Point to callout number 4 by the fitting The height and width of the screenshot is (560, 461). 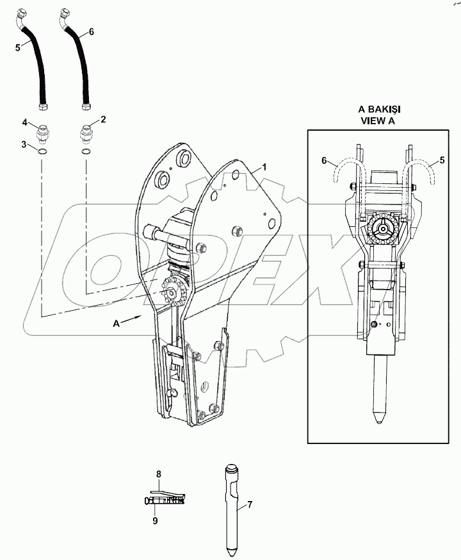click(x=25, y=122)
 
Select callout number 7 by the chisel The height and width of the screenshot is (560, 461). click(x=250, y=505)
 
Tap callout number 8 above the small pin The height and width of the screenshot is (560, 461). click(x=159, y=474)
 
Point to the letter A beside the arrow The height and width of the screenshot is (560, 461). click(x=116, y=325)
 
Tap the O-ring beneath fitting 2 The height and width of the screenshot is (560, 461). click(x=85, y=152)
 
